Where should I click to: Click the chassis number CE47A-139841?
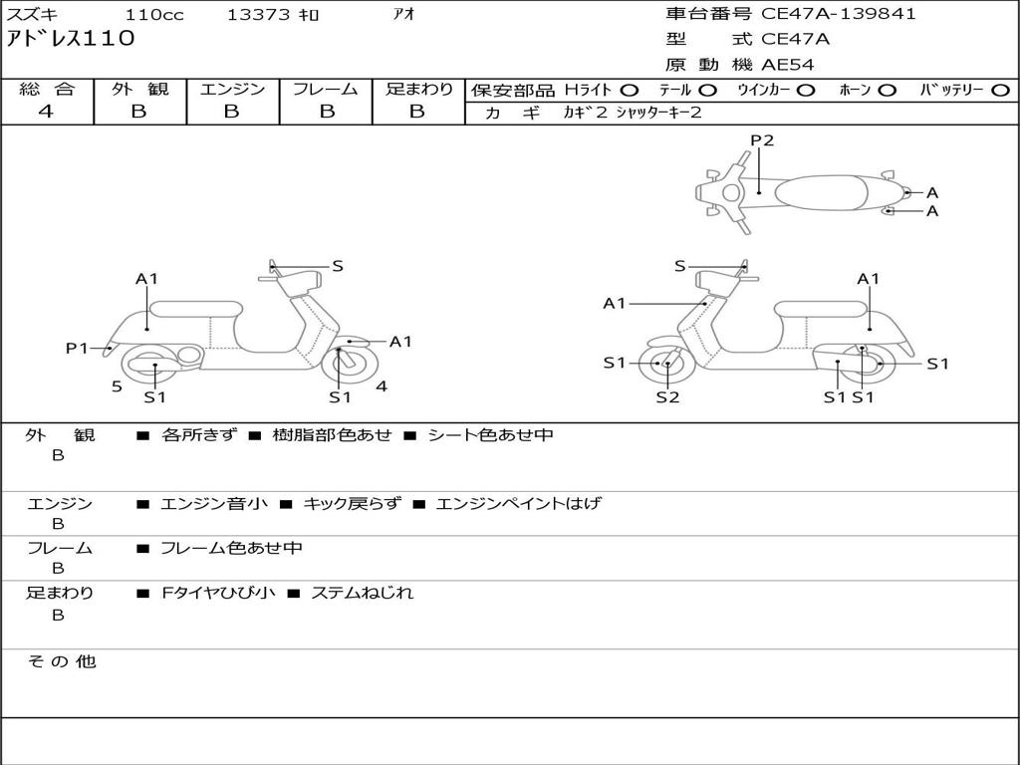tap(838, 14)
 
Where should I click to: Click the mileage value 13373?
tap(258, 15)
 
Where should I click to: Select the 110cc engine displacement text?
tap(154, 15)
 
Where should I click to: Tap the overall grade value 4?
tap(46, 112)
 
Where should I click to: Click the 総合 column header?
tap(47, 90)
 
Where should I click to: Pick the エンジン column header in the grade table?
tap(232, 90)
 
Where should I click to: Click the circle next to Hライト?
tap(630, 91)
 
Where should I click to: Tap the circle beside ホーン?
tap(888, 91)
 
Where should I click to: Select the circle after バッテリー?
tap(1000, 91)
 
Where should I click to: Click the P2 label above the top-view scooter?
tap(762, 140)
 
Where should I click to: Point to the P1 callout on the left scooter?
tap(77, 348)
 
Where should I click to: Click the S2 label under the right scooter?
tap(667, 397)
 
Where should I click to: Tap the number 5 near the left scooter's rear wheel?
tap(117, 386)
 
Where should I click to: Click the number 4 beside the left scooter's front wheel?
tap(382, 386)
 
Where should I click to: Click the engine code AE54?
tap(788, 65)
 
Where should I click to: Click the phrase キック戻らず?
tap(352, 504)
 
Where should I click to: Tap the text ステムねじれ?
tap(362, 594)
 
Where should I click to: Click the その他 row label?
tap(61, 661)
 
